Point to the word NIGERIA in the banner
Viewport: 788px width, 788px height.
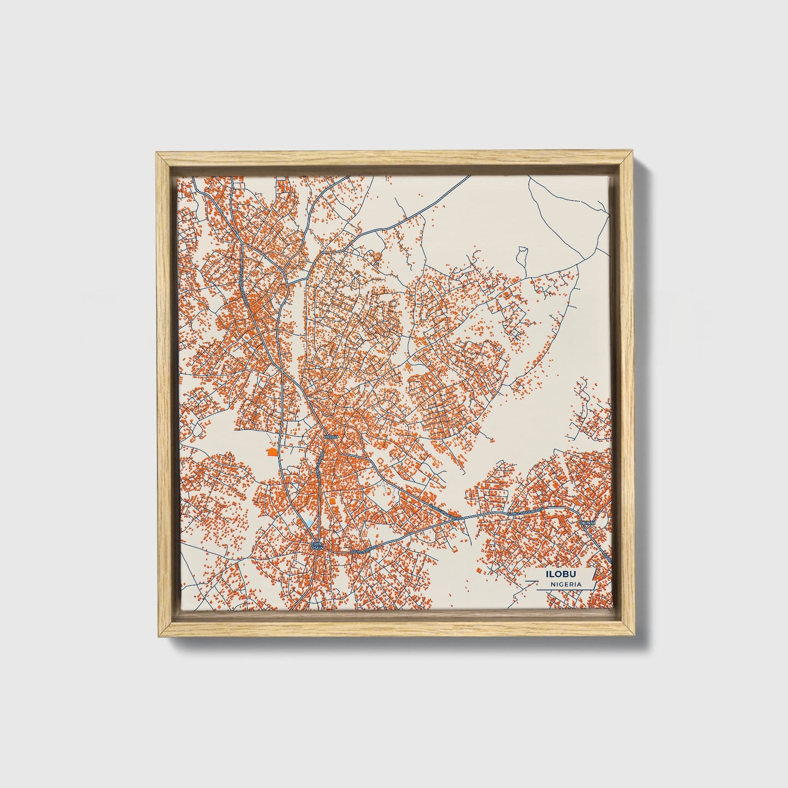pos(566,584)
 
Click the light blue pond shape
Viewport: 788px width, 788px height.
pos(309,523)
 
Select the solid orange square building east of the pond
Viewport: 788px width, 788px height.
pos(332,500)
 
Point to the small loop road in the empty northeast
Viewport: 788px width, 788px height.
pos(522,252)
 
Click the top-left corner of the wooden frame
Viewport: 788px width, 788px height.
pos(157,153)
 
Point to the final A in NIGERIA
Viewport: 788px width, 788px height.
pos(579,584)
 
